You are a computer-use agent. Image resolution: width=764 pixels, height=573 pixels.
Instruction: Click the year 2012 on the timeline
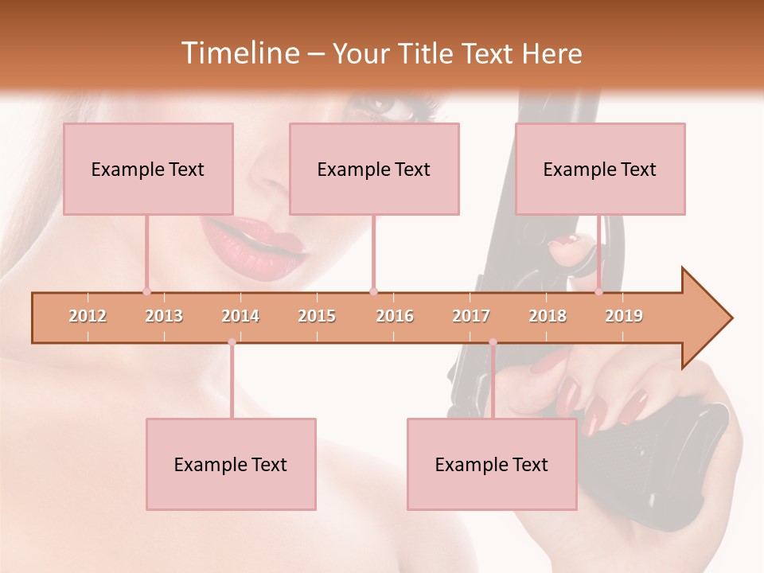click(88, 316)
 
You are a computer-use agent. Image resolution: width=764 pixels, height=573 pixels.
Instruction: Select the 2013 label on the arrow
click(164, 316)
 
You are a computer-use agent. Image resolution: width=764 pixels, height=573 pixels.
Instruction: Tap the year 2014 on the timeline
click(240, 316)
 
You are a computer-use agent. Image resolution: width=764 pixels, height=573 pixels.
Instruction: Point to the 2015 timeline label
click(317, 316)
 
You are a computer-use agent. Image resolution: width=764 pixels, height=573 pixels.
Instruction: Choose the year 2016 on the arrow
click(395, 316)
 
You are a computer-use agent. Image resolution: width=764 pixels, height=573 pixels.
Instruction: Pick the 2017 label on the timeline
click(471, 316)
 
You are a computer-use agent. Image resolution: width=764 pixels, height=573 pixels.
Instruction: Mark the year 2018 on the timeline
click(548, 316)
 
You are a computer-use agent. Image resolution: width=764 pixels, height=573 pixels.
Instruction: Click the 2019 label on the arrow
click(624, 316)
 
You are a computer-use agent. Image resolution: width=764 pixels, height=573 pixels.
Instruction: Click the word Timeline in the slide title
click(239, 53)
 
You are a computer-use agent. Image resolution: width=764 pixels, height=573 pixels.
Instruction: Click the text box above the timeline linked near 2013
click(148, 169)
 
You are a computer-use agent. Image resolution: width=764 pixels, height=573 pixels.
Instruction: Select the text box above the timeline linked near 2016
click(374, 169)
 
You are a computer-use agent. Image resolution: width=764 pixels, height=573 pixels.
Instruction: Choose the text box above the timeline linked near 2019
click(600, 169)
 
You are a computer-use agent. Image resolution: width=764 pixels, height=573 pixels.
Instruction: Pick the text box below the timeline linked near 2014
click(231, 464)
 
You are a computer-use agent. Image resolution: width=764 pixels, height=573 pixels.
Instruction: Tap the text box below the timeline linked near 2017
click(492, 464)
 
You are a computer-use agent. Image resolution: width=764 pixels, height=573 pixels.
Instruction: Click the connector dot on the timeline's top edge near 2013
click(146, 291)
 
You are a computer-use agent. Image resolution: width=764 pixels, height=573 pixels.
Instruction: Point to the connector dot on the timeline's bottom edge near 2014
click(232, 342)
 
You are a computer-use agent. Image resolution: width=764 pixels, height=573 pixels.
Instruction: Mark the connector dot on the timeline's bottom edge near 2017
click(493, 342)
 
